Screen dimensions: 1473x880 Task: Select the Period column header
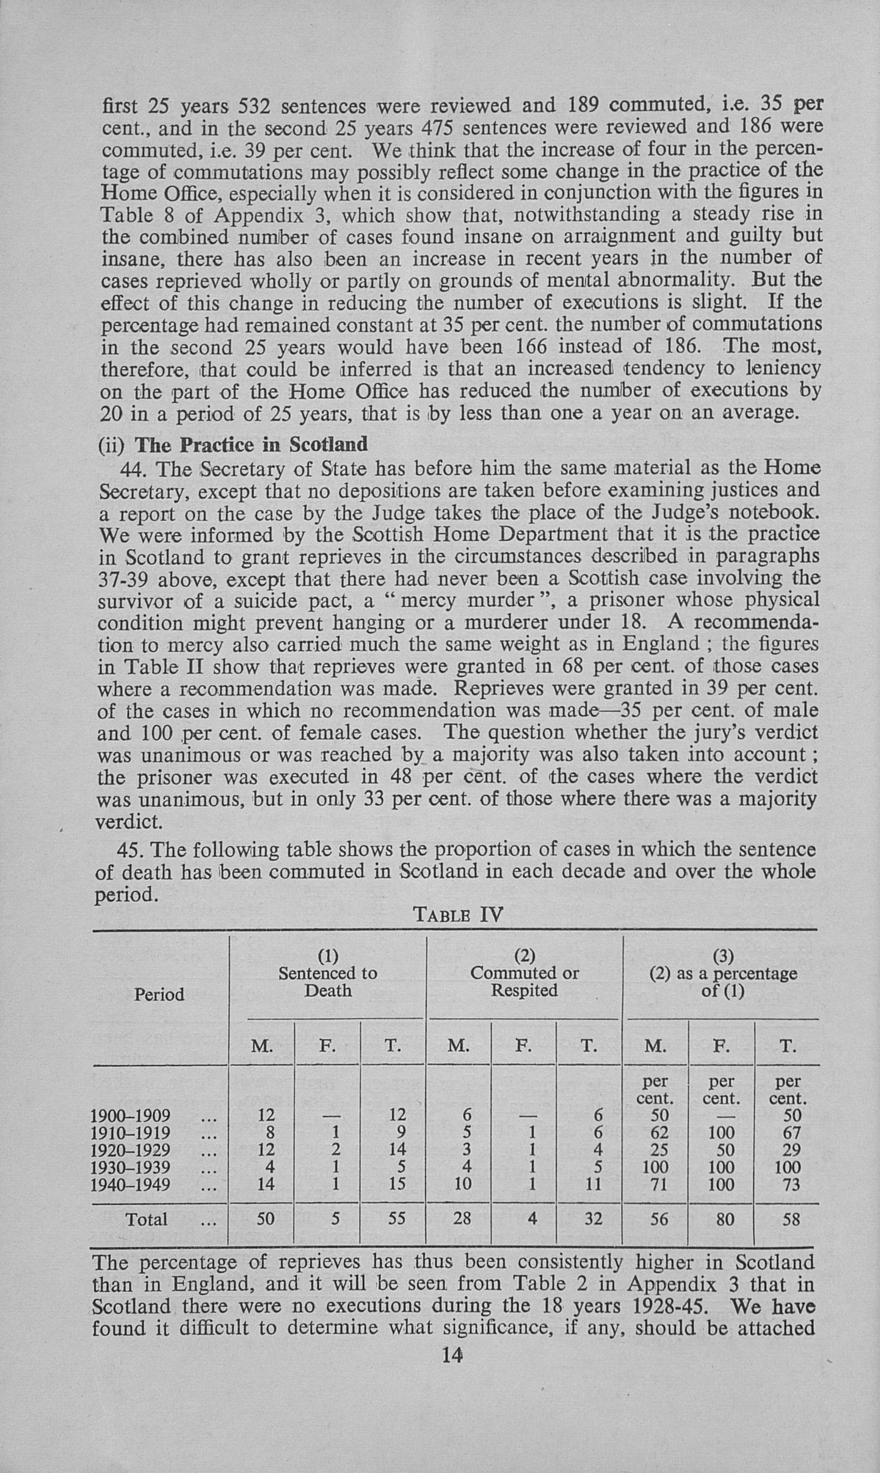tap(159, 994)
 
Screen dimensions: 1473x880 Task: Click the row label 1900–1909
tap(130, 1115)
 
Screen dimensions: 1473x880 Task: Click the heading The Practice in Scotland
tap(251, 444)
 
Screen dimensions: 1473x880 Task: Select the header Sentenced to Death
tap(327, 982)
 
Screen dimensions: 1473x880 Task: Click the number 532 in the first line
tap(254, 107)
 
